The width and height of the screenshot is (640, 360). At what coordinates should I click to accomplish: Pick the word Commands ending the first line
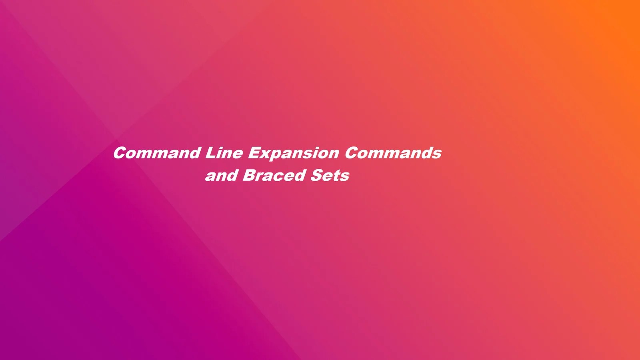point(393,153)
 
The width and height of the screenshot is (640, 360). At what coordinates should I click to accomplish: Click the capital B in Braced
point(248,176)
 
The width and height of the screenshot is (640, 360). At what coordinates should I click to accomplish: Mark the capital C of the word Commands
point(351,153)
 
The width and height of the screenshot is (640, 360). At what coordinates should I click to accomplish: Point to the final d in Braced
point(300,176)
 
